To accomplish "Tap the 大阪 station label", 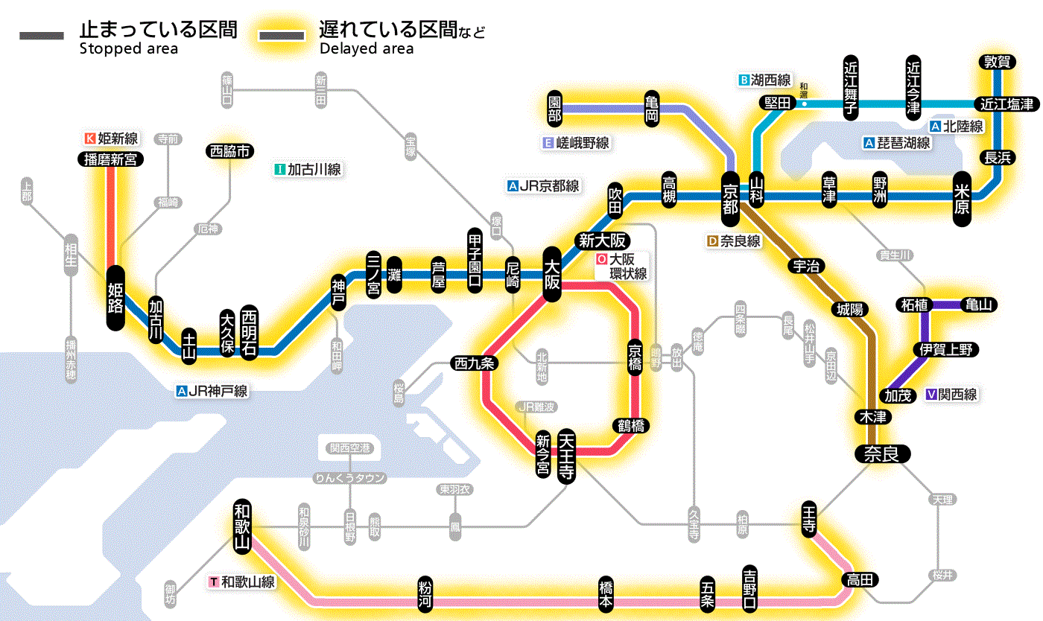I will tap(552, 274).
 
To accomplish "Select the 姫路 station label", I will tap(115, 297).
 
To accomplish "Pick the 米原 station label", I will tap(962, 197).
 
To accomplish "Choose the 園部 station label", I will tap(554, 108).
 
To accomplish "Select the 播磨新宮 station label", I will tap(110, 159).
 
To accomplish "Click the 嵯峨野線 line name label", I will tap(577, 143).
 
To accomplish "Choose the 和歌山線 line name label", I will tap(243, 582).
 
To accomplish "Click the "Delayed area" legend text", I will tap(367, 49).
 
